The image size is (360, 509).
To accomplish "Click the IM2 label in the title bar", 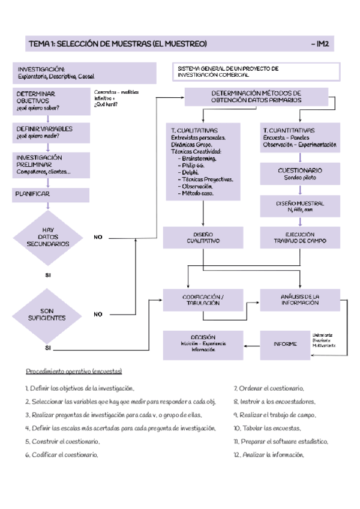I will pyautogui.click(x=323, y=44).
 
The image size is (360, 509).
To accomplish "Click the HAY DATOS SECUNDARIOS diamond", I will pyautogui.click(x=48, y=237).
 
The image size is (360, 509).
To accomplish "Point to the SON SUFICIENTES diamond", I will pyautogui.click(x=48, y=314).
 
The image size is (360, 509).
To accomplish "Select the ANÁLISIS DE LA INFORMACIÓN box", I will pyautogui.click(x=299, y=300).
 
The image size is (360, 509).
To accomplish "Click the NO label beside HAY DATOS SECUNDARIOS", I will pyautogui.click(x=98, y=237).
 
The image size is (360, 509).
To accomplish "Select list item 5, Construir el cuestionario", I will pyautogui.click(x=62, y=441).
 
